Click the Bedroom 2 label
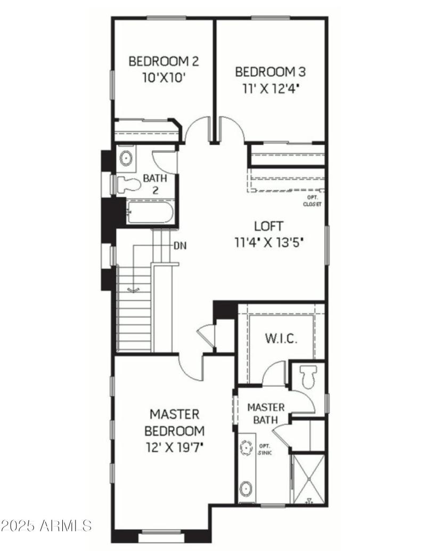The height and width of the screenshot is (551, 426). tap(163, 61)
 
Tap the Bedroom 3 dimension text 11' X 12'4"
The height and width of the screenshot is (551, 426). tap(270, 87)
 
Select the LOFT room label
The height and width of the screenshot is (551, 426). tap(269, 226)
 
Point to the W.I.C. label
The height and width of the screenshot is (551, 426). tap(281, 339)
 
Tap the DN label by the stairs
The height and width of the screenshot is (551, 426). tap(179, 246)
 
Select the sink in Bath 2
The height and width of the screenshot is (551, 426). tap(126, 158)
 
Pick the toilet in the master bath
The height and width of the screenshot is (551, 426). tap(308, 377)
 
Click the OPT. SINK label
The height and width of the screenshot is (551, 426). tap(265, 449)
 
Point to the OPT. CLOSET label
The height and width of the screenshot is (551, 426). tap(312, 201)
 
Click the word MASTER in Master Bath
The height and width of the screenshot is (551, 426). tap(266, 407)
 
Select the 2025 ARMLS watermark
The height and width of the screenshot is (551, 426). tap(46, 526)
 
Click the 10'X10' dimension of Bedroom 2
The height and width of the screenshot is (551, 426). tap(163, 77)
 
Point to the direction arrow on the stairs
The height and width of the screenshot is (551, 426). tap(134, 289)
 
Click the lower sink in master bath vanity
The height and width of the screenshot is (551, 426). tap(247, 487)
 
